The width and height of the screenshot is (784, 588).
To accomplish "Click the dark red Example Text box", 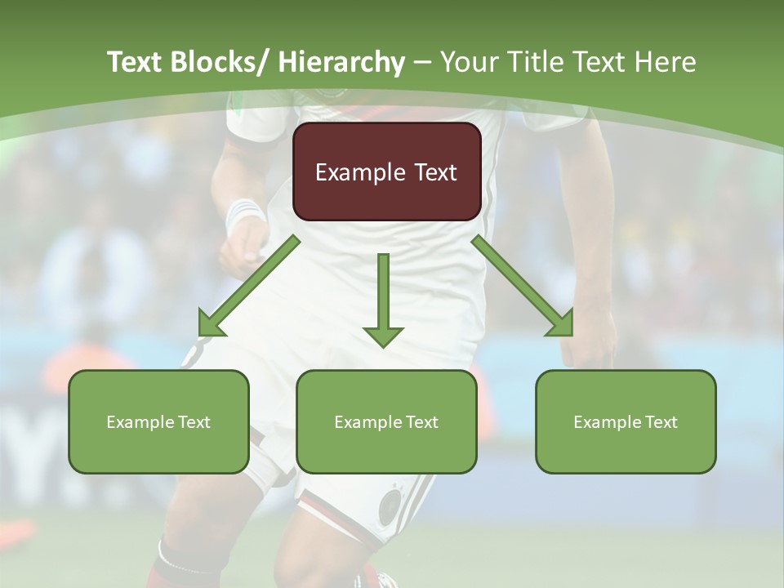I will (x=386, y=171).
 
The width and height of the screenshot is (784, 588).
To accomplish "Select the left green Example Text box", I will (x=158, y=421).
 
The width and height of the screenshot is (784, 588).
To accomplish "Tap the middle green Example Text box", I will (x=386, y=421).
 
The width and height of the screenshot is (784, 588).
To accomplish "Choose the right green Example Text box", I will (x=626, y=421).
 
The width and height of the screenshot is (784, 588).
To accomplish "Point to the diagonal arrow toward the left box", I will (x=249, y=286).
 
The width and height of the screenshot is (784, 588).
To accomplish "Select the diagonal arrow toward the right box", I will (x=523, y=286).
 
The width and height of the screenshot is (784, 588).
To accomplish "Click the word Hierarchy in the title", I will (x=341, y=62).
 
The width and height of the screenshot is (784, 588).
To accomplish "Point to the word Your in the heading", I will (x=467, y=62).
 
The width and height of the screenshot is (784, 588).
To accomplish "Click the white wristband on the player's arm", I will (x=244, y=214).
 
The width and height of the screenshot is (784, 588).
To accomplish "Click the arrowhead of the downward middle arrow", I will (x=383, y=335).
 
